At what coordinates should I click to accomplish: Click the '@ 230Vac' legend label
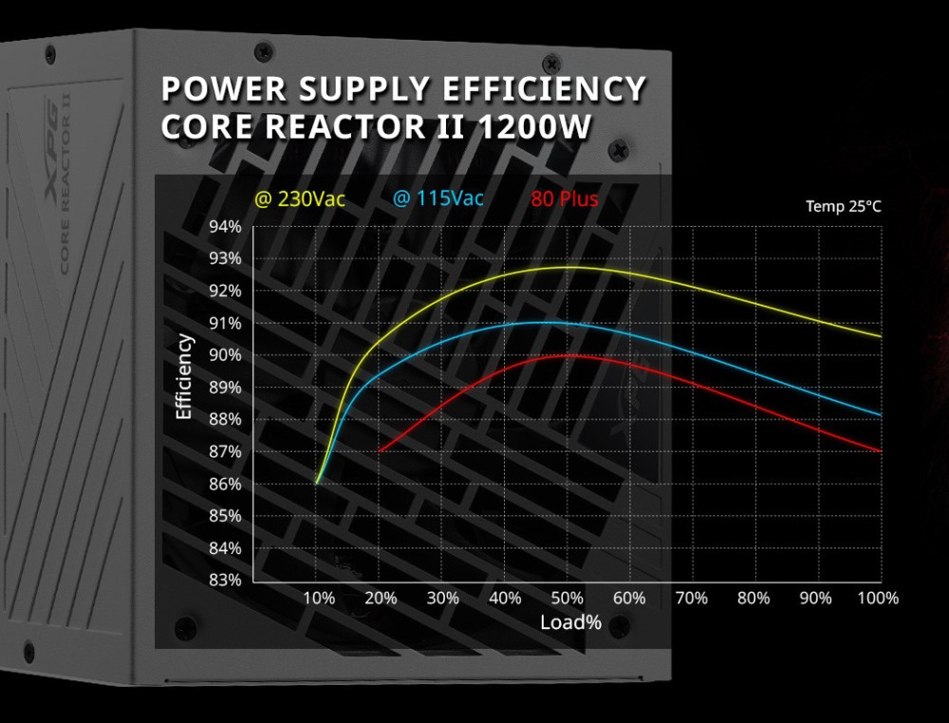click(299, 199)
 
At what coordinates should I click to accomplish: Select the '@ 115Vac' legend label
click(437, 199)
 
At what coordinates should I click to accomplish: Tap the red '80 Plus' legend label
click(565, 199)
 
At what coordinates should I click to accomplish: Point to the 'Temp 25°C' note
click(843, 206)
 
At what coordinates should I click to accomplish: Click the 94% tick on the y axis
click(225, 227)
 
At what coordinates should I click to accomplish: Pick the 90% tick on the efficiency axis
click(225, 355)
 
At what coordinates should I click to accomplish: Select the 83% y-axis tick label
click(225, 580)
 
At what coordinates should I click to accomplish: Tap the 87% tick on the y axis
click(225, 452)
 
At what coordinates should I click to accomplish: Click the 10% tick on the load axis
click(318, 598)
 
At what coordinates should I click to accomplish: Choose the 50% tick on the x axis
click(568, 598)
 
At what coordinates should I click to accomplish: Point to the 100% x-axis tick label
click(877, 598)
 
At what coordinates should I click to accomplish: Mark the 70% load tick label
click(692, 598)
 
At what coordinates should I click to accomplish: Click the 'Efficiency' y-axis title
click(184, 377)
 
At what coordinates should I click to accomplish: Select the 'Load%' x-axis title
click(571, 622)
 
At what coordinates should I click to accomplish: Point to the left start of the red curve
click(380, 452)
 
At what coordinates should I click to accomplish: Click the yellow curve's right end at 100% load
click(881, 336)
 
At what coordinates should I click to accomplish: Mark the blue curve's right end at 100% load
click(881, 415)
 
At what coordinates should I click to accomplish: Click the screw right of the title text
click(620, 149)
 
